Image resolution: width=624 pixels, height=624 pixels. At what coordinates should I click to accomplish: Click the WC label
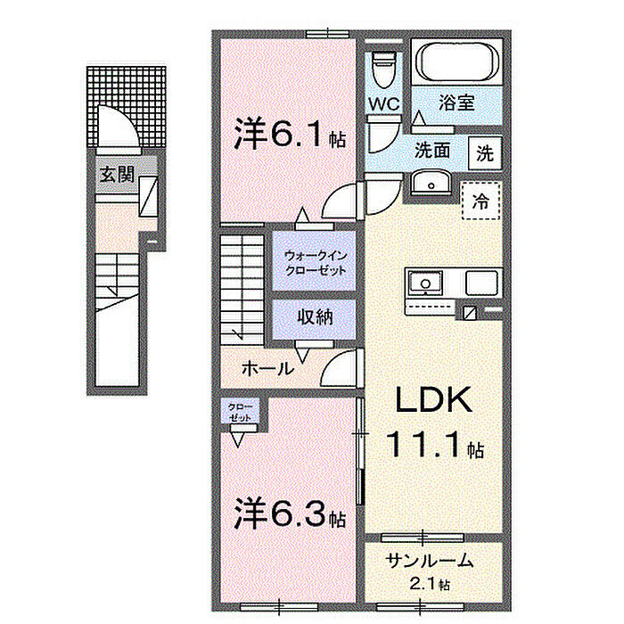tap(383, 104)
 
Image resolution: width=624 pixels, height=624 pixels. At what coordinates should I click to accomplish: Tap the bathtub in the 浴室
tap(456, 61)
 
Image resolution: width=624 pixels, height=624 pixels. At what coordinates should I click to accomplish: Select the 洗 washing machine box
tap(485, 153)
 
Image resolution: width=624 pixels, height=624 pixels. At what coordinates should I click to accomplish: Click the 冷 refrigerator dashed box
tap(480, 201)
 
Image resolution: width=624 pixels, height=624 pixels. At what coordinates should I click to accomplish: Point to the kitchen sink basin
tap(425, 283)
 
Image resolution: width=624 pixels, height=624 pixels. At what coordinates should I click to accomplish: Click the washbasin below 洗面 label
tap(431, 183)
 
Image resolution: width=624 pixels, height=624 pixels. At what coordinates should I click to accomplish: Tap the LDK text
tap(433, 400)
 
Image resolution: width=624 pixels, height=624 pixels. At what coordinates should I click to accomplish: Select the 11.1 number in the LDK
tap(425, 444)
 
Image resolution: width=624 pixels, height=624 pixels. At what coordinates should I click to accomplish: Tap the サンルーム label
tap(430, 561)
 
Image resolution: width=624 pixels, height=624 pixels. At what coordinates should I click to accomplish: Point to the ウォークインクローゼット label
tap(316, 263)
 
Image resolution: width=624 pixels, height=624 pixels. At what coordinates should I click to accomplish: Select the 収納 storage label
tap(316, 317)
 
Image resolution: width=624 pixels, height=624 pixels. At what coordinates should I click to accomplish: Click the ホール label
tap(267, 369)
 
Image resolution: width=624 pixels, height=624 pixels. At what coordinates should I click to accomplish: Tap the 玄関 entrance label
tap(118, 175)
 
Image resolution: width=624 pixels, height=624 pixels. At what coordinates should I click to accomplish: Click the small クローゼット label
tap(240, 413)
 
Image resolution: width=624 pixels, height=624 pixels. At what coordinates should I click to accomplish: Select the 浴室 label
tap(456, 103)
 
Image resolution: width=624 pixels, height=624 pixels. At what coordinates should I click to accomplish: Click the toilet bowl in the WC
tap(382, 70)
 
